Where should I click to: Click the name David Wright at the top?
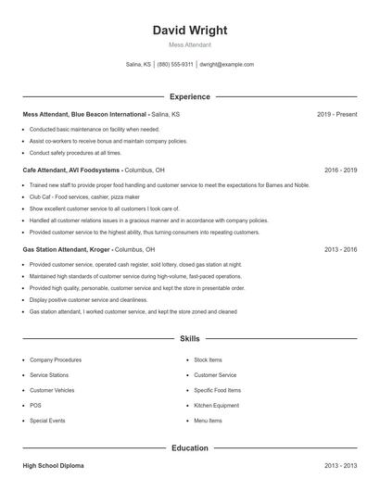point(189,30)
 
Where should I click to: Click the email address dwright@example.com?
point(225,65)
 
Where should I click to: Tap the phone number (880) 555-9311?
point(175,65)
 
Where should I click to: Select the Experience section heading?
point(189,96)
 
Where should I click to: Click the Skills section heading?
point(189,340)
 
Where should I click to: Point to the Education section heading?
point(189,448)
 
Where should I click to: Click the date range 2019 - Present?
point(336,114)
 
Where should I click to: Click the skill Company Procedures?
point(55,359)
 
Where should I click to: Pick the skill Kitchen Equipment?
point(216,405)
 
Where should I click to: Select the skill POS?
point(35,405)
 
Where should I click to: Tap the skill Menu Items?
point(208,421)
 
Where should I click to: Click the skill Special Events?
point(47,421)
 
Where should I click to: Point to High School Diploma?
point(53,466)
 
